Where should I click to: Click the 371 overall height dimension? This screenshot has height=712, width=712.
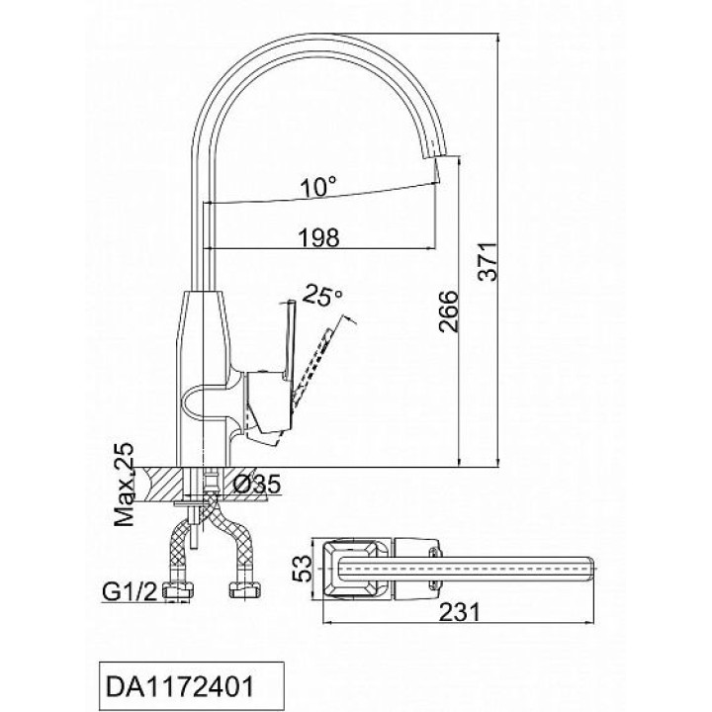tap(489, 262)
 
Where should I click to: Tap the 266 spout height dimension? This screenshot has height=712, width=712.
tap(449, 311)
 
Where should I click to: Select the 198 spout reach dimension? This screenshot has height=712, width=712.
tap(318, 237)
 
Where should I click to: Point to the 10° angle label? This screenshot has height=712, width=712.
tap(318, 186)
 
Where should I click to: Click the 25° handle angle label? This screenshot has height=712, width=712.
tap(322, 295)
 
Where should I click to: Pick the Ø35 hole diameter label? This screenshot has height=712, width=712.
tap(257, 485)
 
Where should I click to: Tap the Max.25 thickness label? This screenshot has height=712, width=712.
tap(125, 484)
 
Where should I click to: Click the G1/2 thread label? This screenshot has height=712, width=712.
tap(130, 590)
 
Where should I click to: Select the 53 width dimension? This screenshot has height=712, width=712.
tap(303, 568)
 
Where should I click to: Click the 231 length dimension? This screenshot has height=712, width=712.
tap(460, 612)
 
